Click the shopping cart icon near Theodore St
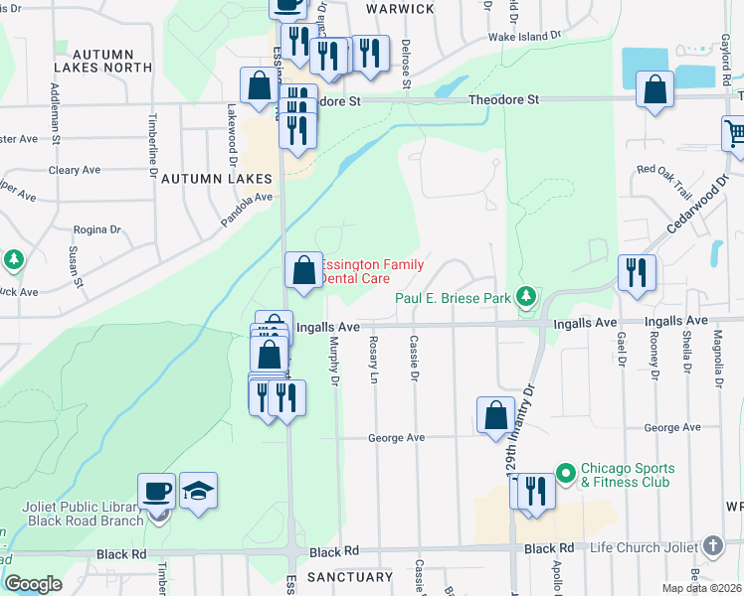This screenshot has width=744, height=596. coord(735,131)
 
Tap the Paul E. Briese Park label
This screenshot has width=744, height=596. coord(452,298)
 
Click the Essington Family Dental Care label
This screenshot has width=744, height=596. coord(373,272)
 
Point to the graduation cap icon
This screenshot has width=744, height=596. coord(199,491)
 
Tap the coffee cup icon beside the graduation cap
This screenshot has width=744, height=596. coord(157,491)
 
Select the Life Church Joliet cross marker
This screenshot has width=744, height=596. coord(712,546)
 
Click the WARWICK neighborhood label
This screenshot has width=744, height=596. coord(400,9)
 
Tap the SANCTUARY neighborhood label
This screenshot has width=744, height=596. coord(350,577)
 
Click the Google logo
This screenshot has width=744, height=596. coord(33,584)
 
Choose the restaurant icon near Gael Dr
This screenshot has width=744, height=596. coord(637,272)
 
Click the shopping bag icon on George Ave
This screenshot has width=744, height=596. coord(495,415)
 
